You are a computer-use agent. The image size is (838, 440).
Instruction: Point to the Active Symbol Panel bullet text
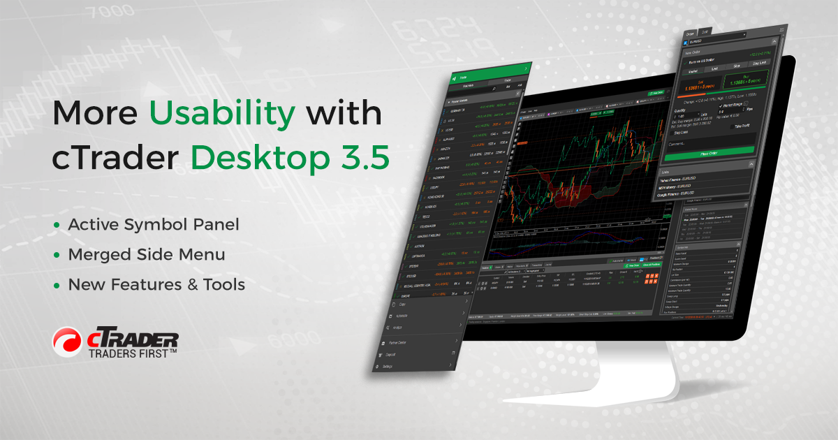(x=153, y=225)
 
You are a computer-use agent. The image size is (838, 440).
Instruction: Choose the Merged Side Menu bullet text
(x=146, y=255)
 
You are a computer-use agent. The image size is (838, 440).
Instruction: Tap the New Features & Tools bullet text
(x=156, y=285)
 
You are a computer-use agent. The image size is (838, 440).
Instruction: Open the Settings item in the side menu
(x=388, y=366)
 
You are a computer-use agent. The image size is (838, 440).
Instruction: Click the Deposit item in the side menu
(x=390, y=354)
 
